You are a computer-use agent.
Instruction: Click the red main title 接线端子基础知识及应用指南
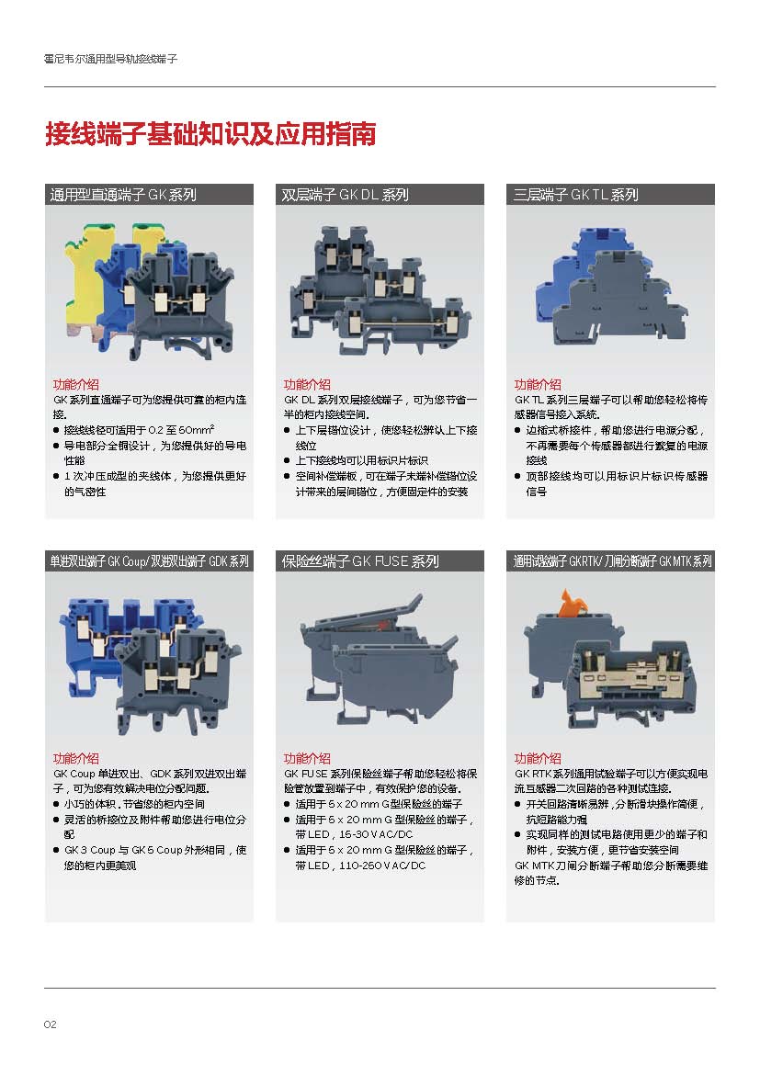pos(210,134)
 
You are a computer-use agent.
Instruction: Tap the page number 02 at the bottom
pos(50,1024)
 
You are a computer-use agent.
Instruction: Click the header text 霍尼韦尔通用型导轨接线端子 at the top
pos(111,59)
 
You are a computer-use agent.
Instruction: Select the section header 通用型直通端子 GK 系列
pos(123,195)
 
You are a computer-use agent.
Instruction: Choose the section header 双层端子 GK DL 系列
pos(345,195)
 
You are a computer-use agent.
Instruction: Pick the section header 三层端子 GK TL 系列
pos(576,195)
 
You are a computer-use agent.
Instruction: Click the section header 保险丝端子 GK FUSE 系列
pos(360,561)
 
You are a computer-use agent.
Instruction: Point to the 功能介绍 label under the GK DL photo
pos(307,385)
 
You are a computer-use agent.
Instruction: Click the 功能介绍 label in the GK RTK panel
pos(538,758)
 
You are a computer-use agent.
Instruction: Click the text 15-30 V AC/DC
pos(376,834)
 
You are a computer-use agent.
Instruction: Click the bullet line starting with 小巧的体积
pos(129,804)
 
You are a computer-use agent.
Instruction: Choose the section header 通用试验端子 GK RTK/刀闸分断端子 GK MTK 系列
pos(613,561)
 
